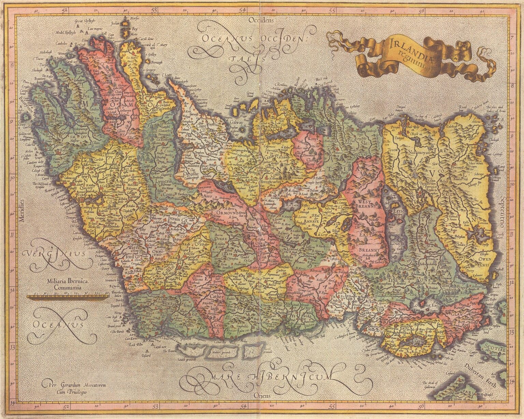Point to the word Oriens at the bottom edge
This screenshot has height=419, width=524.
tap(262, 396)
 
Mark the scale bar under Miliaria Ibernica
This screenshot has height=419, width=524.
tap(68, 297)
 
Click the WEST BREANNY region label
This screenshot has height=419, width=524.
tap(365, 206)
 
